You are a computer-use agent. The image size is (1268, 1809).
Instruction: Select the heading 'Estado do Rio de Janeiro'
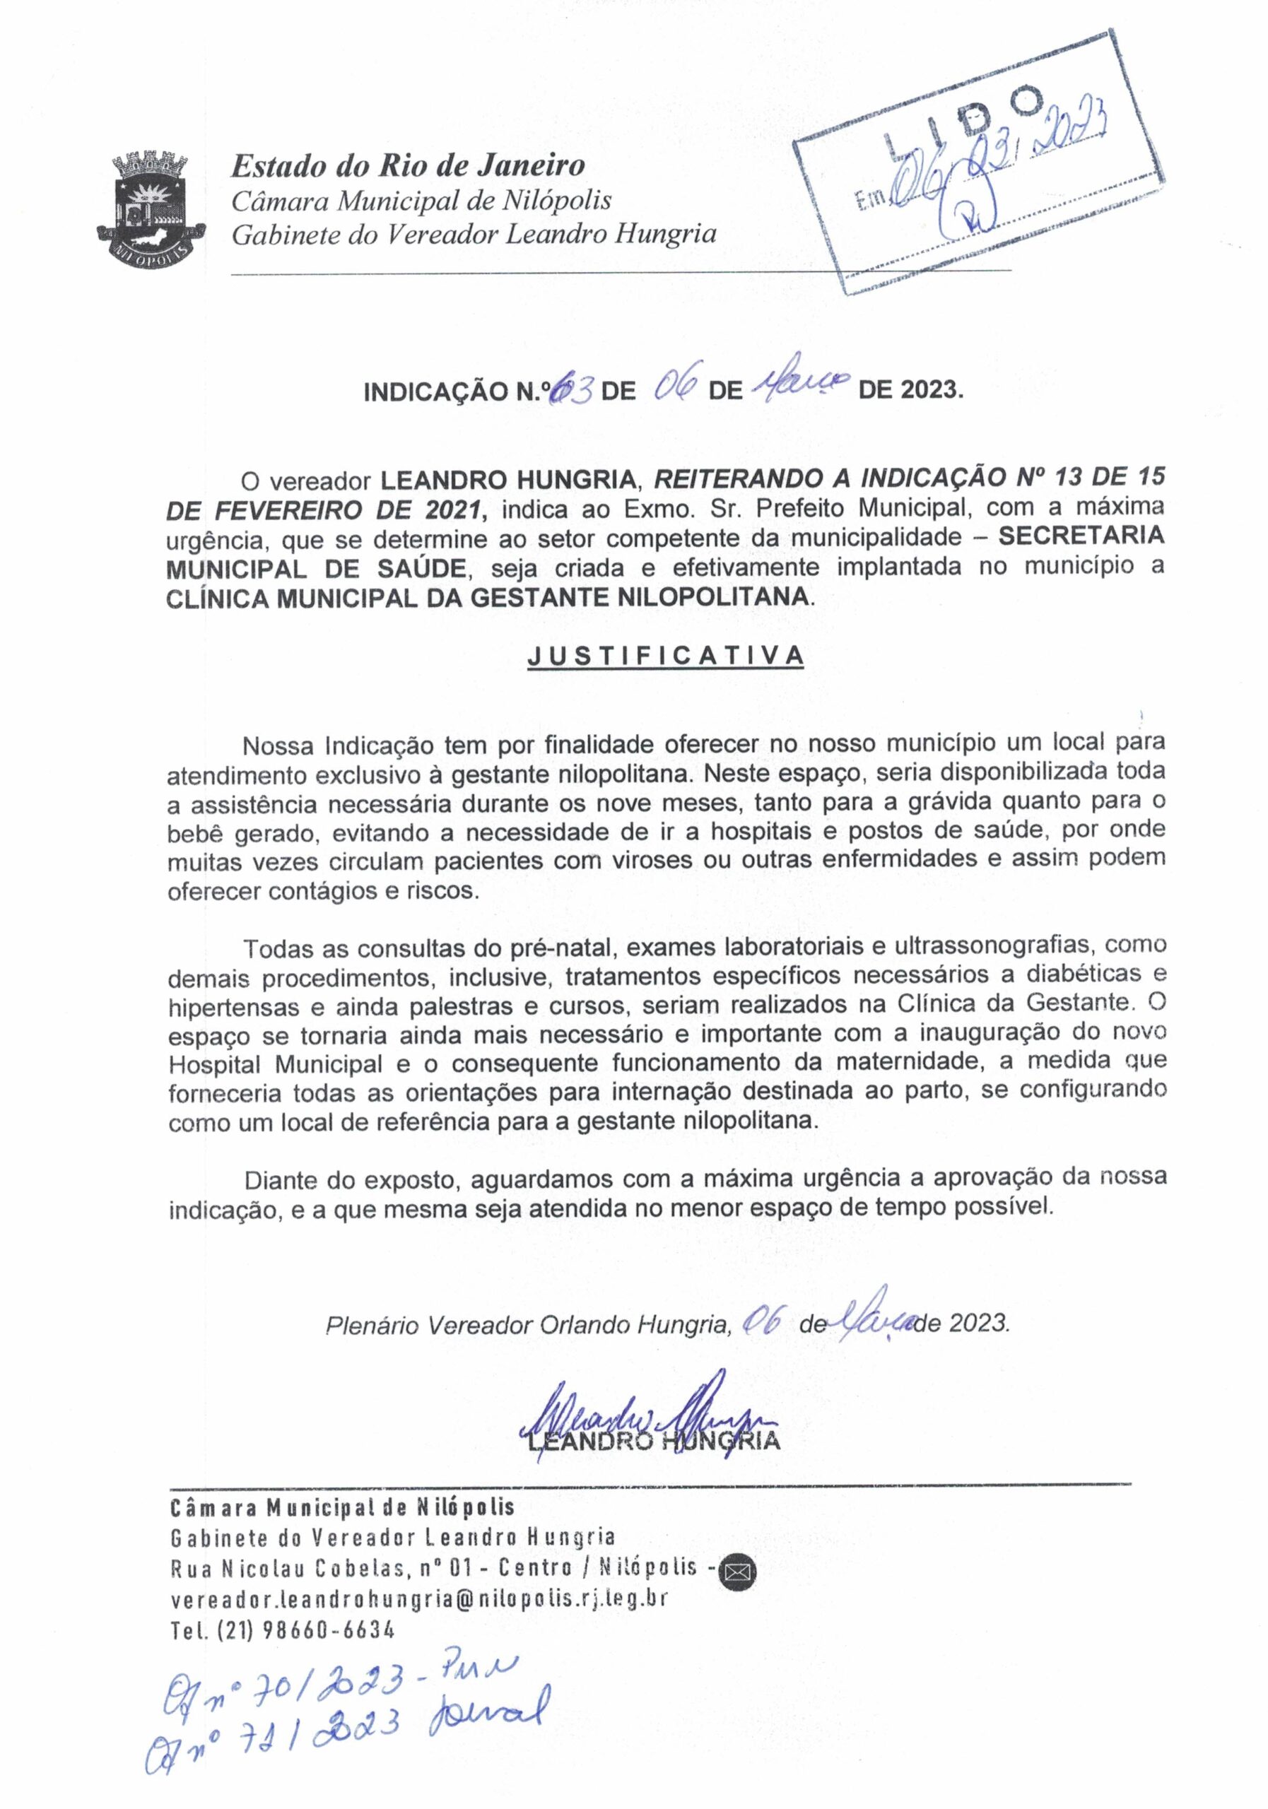click(407, 166)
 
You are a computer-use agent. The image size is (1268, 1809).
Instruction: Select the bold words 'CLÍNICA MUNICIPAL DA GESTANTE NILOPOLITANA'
click(487, 597)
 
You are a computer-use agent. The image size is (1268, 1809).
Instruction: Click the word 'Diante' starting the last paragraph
click(278, 1179)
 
